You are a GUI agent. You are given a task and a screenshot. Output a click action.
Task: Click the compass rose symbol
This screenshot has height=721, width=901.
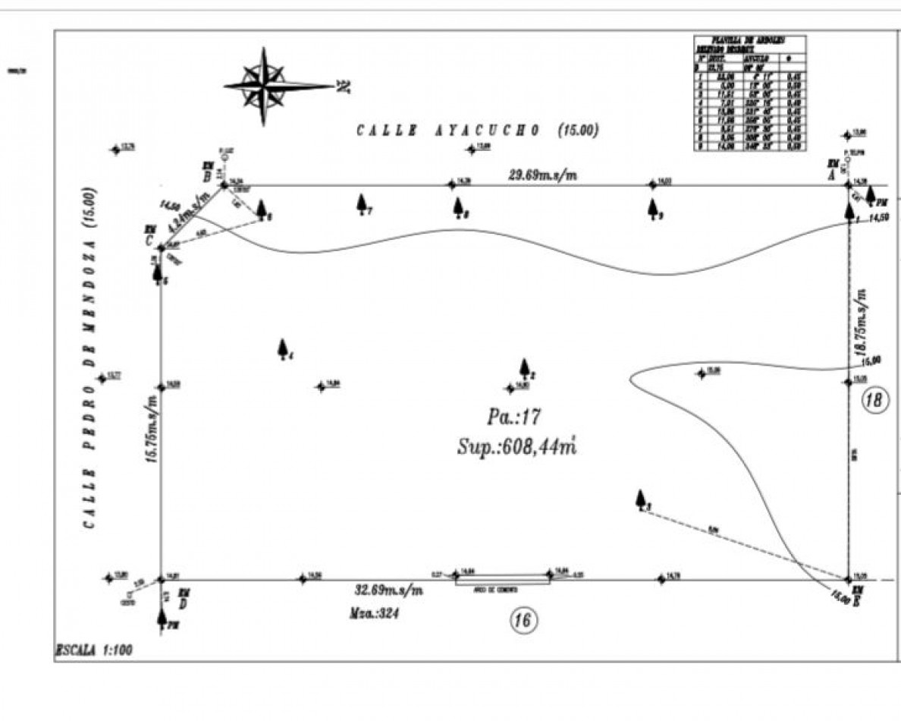264,86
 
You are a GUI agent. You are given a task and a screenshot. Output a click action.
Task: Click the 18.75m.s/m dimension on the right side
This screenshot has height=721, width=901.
861,318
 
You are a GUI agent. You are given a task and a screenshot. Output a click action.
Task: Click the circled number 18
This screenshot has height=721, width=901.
874,401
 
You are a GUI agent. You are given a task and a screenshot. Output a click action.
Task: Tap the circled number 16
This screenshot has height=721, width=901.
523,621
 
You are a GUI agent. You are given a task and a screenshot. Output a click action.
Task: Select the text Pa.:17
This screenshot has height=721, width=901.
513,417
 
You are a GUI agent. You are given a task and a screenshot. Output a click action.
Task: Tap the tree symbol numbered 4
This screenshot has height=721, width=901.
283,348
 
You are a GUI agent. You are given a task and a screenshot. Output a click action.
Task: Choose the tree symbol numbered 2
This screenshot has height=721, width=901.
524,368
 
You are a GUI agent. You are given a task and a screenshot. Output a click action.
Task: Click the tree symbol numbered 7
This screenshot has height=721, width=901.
362,203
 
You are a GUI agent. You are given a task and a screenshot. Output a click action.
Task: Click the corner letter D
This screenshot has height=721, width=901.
183,603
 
